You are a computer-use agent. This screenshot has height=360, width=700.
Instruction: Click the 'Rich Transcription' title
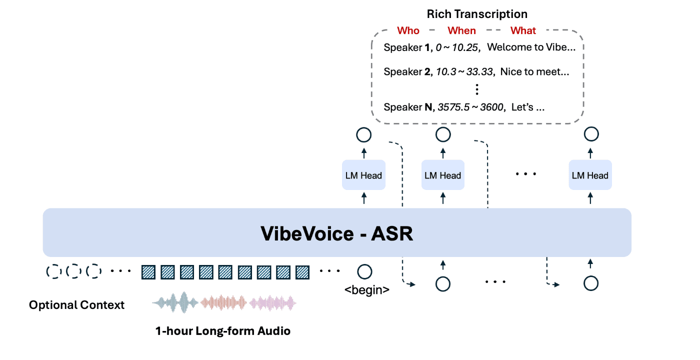477,14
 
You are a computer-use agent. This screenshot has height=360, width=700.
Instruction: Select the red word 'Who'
408,31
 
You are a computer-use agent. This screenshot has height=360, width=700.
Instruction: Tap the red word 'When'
461,31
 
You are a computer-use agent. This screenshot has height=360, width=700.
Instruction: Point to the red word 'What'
523,31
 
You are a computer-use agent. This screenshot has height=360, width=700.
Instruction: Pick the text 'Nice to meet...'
534,72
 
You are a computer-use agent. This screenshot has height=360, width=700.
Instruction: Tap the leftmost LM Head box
363,175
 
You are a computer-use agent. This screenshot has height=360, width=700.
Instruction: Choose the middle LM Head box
442,175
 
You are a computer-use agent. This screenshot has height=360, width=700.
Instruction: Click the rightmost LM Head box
590,175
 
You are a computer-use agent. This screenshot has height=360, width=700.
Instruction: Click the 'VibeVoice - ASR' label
337,233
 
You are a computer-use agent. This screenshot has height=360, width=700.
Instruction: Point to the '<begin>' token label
366,290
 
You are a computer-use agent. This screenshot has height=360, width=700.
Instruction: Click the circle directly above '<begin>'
364,272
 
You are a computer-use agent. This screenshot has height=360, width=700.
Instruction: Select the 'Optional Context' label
76,305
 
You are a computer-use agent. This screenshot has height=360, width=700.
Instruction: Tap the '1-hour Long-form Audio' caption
222,331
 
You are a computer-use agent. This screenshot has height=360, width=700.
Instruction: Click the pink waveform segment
273,303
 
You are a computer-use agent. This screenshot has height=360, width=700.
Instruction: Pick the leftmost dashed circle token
53,271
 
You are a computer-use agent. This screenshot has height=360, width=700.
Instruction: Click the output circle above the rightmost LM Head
591,134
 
